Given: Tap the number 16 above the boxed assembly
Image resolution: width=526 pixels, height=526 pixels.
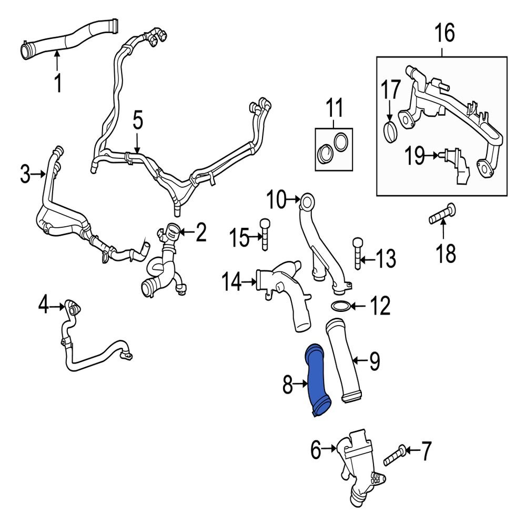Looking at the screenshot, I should tap(443, 34).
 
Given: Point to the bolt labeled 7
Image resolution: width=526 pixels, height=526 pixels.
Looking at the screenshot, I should tap(394, 456).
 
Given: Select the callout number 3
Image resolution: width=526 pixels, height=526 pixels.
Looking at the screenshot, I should tap(25, 175).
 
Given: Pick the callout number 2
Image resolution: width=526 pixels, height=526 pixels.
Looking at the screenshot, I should tap(200, 233).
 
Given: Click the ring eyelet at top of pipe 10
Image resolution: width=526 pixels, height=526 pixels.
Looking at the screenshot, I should tap(308, 199).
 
